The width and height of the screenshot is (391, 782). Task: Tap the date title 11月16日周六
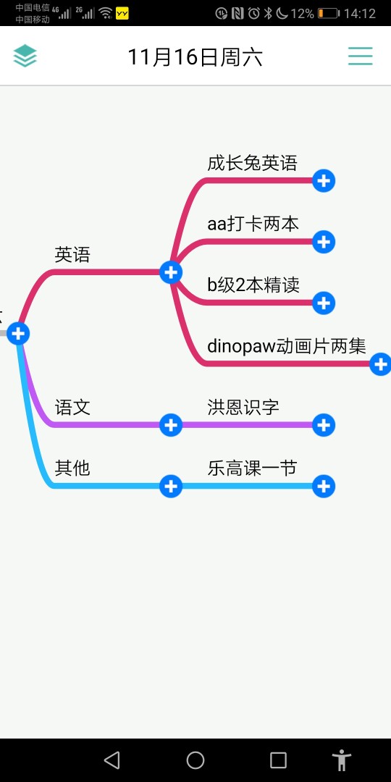(x=195, y=57)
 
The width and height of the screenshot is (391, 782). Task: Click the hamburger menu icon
(x=360, y=56)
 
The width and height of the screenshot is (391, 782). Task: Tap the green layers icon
(x=25, y=56)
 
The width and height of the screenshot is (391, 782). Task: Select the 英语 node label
(x=72, y=255)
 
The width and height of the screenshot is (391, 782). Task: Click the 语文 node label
(x=72, y=408)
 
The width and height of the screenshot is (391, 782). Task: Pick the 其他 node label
(x=72, y=468)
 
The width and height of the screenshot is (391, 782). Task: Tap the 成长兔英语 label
(x=253, y=163)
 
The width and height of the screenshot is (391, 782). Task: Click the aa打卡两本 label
(x=253, y=224)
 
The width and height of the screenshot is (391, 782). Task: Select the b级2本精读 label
(x=253, y=285)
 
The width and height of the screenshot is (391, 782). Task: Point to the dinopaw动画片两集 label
(x=287, y=346)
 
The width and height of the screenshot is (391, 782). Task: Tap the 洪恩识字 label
(x=243, y=408)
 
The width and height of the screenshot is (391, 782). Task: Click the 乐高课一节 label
(x=253, y=468)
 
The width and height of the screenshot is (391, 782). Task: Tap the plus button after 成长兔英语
(x=324, y=180)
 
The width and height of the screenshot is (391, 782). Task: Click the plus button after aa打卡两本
(x=324, y=242)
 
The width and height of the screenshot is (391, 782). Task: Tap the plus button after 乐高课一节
(x=324, y=487)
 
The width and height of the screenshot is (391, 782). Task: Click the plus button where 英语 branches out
(x=171, y=272)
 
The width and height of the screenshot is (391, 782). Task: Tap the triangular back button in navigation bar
(x=112, y=760)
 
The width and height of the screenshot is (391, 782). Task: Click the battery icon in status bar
(x=328, y=14)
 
